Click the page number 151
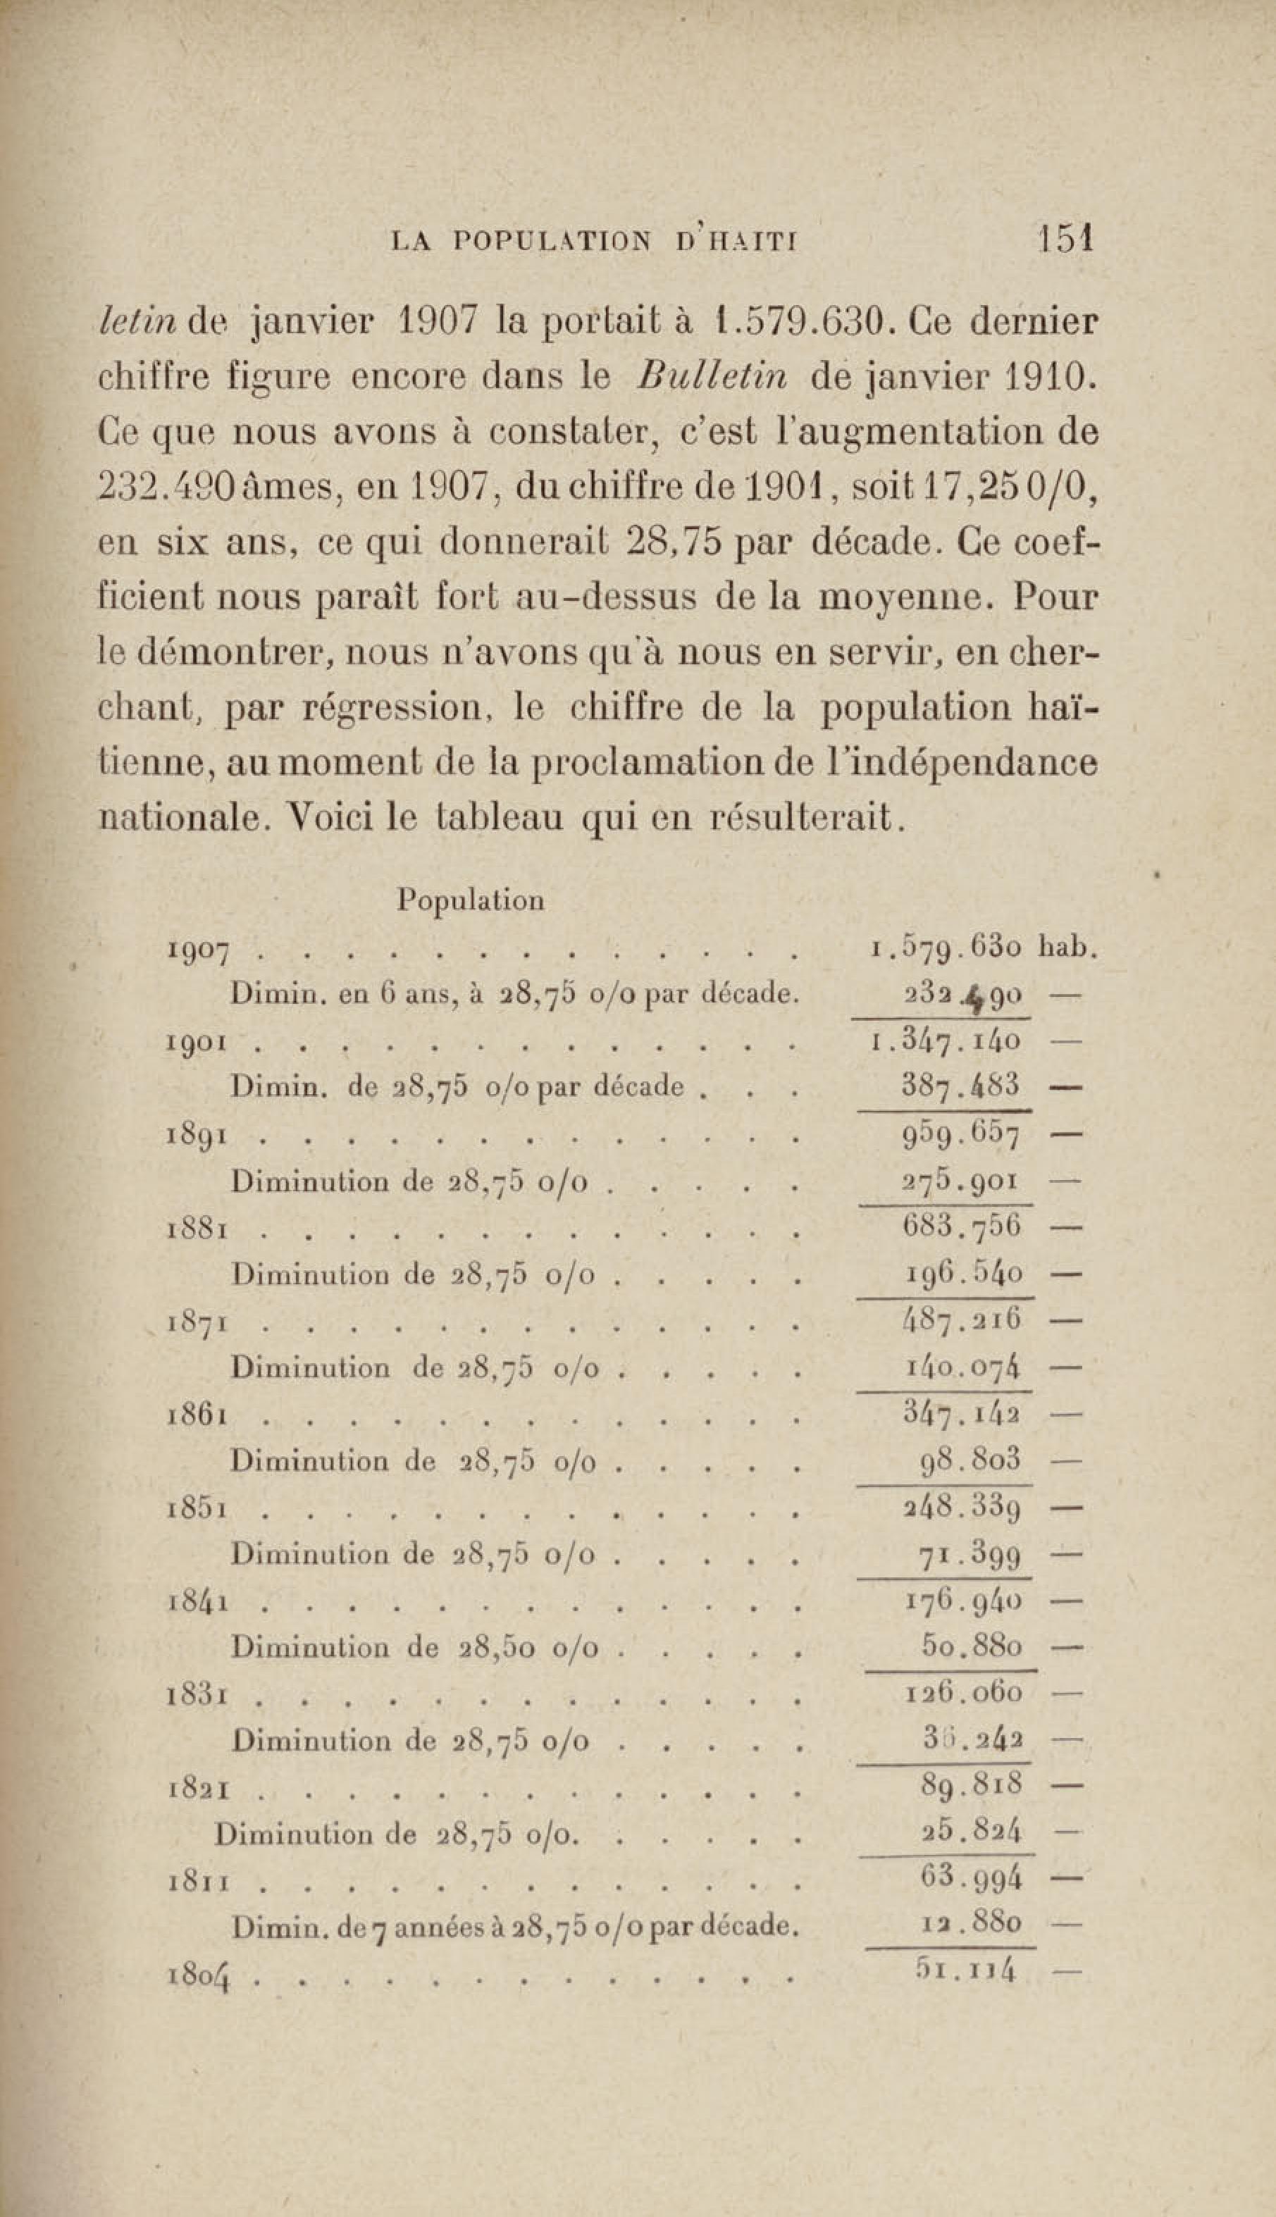click(1065, 237)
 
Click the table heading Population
click(470, 900)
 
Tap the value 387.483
click(960, 1086)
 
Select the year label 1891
click(197, 1138)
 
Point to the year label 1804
click(199, 1977)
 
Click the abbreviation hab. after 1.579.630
click(1067, 948)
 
